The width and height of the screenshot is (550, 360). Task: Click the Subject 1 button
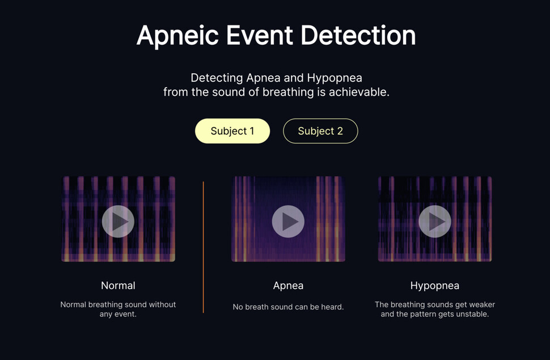click(232, 131)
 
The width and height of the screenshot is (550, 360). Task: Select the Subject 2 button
click(320, 131)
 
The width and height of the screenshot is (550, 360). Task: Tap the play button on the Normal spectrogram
click(118, 222)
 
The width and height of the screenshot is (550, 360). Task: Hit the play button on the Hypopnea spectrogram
click(435, 222)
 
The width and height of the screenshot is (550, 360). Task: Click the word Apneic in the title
click(178, 36)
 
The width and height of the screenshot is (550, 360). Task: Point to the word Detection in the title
click(358, 36)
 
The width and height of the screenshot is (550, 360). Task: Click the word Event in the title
click(260, 36)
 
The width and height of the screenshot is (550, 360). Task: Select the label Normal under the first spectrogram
click(118, 286)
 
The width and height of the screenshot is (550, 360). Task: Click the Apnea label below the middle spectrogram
click(289, 286)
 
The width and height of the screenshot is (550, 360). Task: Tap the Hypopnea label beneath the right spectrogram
click(435, 286)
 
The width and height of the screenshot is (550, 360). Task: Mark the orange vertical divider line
click(204, 247)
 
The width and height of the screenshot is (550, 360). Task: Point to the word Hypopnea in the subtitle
click(335, 78)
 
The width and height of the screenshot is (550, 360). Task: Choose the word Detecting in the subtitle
click(217, 78)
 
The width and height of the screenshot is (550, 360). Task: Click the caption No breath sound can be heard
click(289, 307)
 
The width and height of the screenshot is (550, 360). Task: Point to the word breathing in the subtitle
click(284, 92)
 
